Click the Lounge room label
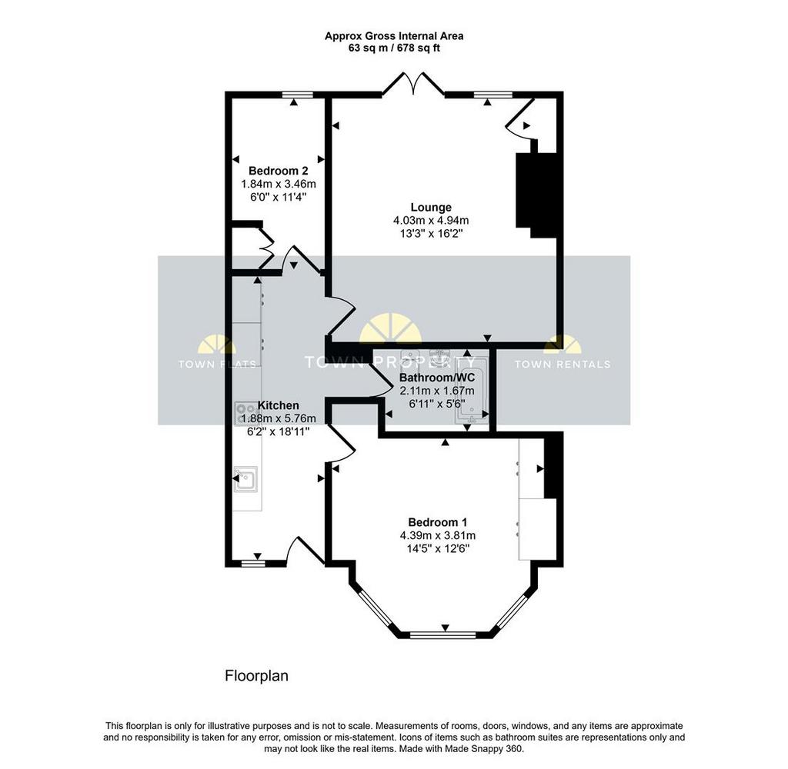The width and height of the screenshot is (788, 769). (431, 207)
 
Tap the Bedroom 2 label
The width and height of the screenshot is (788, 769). (278, 171)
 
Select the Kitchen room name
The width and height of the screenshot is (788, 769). (278, 404)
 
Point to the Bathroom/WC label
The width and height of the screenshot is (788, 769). (437, 378)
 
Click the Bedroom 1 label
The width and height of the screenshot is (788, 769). (437, 522)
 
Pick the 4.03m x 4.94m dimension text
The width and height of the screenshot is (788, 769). (431, 220)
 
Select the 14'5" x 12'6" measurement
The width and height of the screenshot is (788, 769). (438, 548)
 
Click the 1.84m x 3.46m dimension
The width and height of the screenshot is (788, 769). (279, 184)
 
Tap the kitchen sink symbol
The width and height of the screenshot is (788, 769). (245, 478)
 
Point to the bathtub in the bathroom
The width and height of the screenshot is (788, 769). (472, 391)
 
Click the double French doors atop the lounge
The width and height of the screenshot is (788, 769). (413, 83)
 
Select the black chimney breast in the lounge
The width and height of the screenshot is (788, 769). (536, 195)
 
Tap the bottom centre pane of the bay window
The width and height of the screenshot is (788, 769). (442, 635)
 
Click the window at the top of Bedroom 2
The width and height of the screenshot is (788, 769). (297, 95)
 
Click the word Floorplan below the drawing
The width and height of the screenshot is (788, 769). (256, 676)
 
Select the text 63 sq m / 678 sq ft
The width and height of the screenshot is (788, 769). (394, 48)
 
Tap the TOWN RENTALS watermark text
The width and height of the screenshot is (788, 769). (563, 365)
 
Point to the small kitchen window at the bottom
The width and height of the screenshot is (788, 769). (252, 564)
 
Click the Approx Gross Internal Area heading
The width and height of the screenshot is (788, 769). (394, 36)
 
